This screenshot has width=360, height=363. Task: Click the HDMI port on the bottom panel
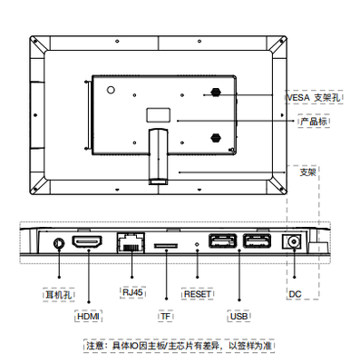coord(87,241)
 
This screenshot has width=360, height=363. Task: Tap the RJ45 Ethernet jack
coord(131,242)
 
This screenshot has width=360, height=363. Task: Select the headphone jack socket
coord(59,243)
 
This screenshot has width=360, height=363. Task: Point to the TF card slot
coord(166,246)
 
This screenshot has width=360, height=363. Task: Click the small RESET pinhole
coord(198,244)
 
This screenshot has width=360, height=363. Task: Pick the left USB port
coord(223,240)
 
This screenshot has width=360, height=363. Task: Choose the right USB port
coord(257,240)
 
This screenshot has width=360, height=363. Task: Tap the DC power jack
coord(293,241)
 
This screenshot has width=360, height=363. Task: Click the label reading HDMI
coord(88,317)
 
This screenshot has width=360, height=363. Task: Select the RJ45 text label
coord(132,292)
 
